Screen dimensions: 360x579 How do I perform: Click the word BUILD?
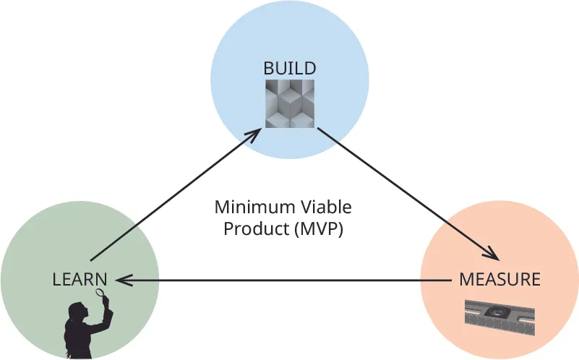click(289, 69)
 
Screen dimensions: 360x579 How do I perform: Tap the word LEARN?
click(80, 279)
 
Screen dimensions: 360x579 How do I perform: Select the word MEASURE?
click(499, 279)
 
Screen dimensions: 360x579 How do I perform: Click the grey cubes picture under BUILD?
click(289, 104)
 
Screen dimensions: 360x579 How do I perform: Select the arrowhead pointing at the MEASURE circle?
click(491, 254)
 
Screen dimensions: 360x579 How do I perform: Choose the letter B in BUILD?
click(268, 69)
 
